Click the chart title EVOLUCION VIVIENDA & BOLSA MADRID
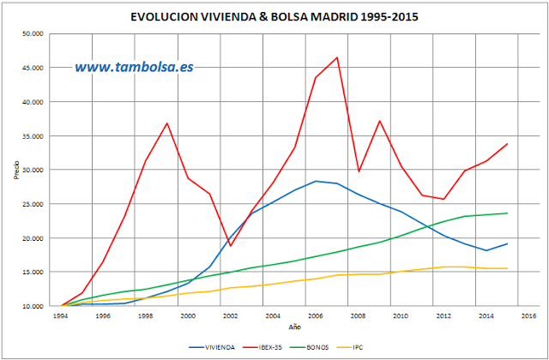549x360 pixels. coord(274,16)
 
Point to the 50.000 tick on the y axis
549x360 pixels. coord(34,34)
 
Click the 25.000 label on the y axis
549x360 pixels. coord(34,204)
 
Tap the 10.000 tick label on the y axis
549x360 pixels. coord(34,306)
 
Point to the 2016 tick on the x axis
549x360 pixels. coord(528,315)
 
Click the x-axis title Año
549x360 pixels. coord(295,327)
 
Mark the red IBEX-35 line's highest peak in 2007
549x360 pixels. coord(337,57)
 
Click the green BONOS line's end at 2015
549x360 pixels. coord(507,213)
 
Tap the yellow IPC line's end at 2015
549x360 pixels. coord(507,268)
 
